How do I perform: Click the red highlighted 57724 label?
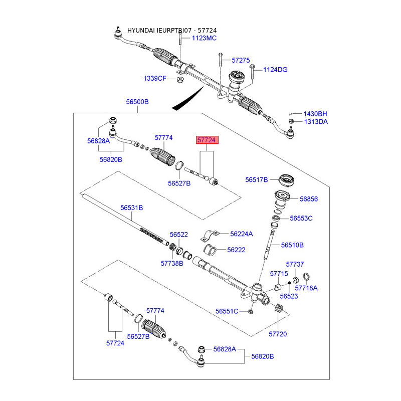tap(207, 141)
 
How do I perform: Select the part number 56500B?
tap(137, 102)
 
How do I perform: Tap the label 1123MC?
tap(204, 38)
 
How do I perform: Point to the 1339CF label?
tap(154, 78)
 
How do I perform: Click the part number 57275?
tap(241, 60)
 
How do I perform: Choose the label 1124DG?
tap(275, 70)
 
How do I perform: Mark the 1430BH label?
tap(315, 113)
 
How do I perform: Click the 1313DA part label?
tap(315, 121)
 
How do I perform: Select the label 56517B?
tap(257, 179)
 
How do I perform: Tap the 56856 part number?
tap(309, 199)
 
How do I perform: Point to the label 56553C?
tap(301, 218)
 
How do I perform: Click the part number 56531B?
tap(131, 207)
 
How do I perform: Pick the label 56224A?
tap(242, 234)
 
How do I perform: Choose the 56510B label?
tap(292, 245)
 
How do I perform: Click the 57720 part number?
tap(278, 333)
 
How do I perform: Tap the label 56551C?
tap(227, 311)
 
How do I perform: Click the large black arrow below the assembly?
tap(188, 98)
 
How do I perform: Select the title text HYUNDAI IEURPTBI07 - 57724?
tap(172, 30)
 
